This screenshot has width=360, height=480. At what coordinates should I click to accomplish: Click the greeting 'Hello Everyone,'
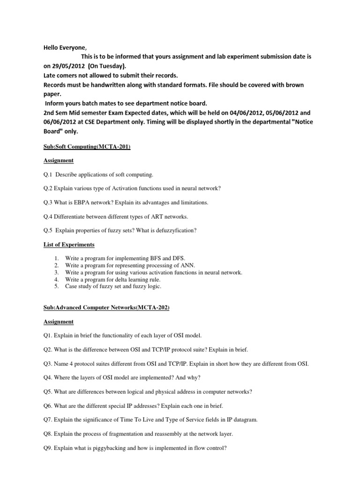click(x=65, y=47)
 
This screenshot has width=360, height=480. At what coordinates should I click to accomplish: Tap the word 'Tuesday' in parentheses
click(x=109, y=66)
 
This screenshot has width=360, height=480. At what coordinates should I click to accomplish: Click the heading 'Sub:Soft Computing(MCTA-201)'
click(x=87, y=147)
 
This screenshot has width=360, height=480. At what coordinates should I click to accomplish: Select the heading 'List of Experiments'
click(x=69, y=245)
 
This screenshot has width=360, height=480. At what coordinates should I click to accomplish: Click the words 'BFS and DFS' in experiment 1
click(x=169, y=258)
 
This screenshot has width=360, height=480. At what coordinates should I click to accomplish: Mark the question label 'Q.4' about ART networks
click(x=48, y=217)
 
